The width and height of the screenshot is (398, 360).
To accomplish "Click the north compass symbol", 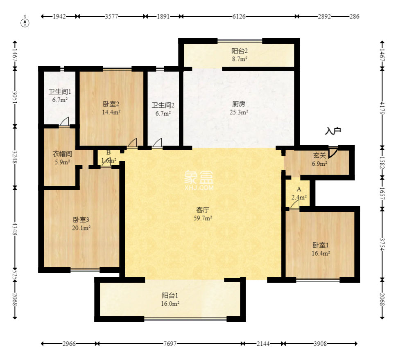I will point(26,22).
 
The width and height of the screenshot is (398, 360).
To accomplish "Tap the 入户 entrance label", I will point(333,131).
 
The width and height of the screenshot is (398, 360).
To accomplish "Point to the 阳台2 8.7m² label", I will point(240,55).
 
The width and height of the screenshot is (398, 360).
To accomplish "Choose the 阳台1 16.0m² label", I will point(170,299).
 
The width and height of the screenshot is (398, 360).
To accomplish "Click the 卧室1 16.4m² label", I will point(321,249).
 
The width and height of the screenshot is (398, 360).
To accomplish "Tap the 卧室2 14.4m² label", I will point(111,107).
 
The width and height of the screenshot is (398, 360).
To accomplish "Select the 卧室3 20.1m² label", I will point(81,224).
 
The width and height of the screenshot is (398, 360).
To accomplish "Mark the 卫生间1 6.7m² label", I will point(58,95).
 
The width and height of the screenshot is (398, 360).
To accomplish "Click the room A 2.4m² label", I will point(299,193).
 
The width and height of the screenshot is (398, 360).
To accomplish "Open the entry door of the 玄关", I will point(333,151).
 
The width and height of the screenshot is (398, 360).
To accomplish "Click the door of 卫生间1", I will point(64,122).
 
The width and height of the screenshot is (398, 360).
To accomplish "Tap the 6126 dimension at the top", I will point(239,17).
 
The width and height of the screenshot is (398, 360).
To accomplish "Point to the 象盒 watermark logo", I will point(199,179).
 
